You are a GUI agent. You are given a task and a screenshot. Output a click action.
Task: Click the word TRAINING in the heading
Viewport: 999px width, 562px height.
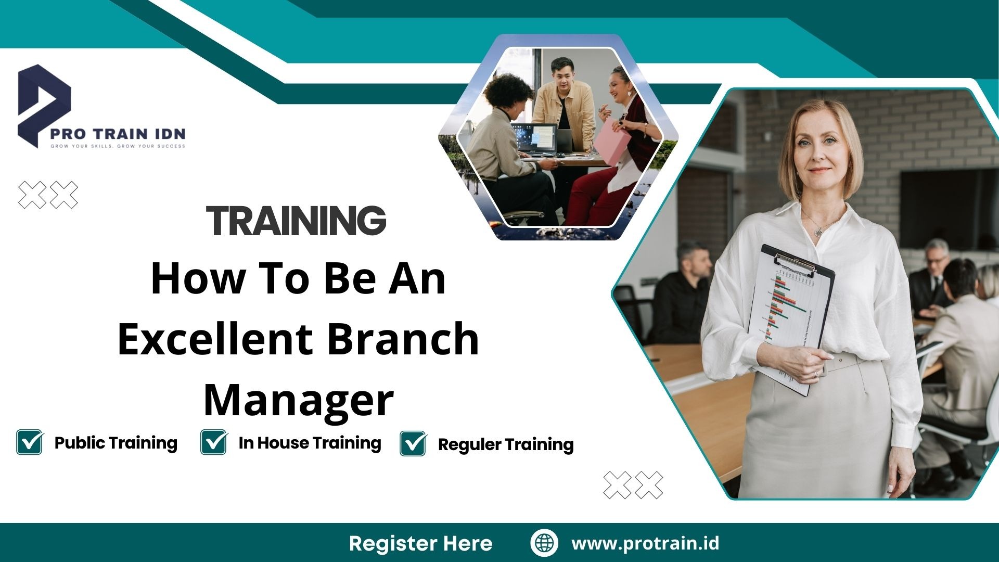click(296, 221)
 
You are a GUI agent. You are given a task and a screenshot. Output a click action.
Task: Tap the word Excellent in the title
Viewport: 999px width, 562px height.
click(215, 339)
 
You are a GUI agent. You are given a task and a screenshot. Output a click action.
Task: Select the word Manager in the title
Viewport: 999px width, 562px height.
click(298, 400)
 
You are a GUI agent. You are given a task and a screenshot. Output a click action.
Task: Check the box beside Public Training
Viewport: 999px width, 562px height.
click(30, 442)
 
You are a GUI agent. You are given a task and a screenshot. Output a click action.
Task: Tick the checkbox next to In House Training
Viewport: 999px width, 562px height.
click(214, 442)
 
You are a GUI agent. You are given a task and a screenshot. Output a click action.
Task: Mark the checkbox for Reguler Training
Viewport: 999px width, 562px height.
click(414, 444)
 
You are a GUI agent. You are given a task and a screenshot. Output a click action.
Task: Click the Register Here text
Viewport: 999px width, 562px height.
click(420, 543)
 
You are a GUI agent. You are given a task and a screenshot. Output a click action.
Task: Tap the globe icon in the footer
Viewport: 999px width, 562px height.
click(544, 543)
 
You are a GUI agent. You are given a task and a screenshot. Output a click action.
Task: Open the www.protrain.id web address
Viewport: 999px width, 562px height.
click(645, 543)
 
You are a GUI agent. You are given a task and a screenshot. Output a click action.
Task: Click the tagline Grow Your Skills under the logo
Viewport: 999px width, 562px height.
click(118, 146)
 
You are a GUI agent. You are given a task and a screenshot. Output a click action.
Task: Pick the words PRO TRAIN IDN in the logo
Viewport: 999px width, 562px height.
click(118, 134)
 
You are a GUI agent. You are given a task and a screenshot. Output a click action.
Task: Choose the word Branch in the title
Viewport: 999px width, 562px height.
click(403, 339)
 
